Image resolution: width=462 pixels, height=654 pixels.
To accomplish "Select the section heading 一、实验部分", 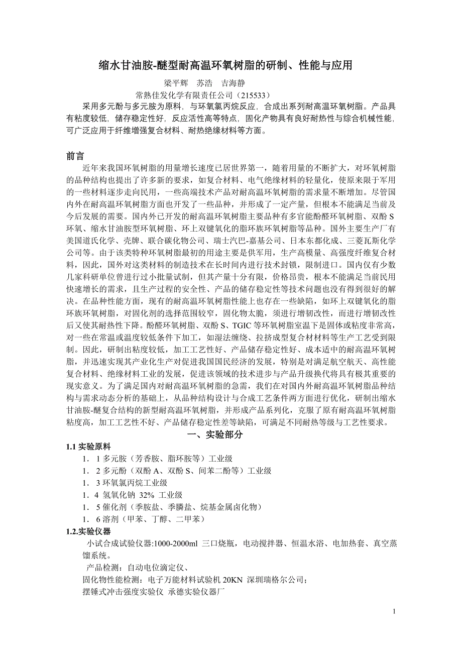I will click(214, 434).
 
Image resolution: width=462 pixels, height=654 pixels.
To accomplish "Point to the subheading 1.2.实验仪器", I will click(88, 531).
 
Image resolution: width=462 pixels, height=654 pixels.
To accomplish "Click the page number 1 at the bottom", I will click(395, 611).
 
